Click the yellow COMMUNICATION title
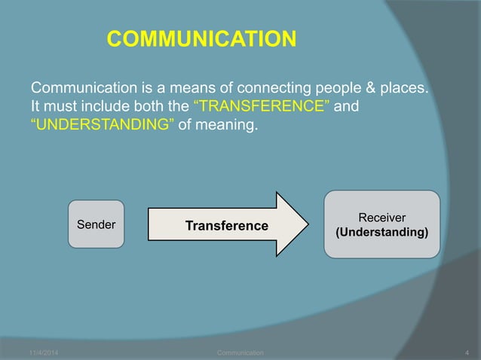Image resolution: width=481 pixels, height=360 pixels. point(201,38)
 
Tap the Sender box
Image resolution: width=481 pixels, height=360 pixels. point(97,224)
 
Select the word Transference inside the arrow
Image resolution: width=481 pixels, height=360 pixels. point(227,226)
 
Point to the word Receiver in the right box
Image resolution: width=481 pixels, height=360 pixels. point(382,217)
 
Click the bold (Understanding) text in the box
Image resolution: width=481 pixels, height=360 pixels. point(382,232)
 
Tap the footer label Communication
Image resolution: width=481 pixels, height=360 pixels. point(240,352)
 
